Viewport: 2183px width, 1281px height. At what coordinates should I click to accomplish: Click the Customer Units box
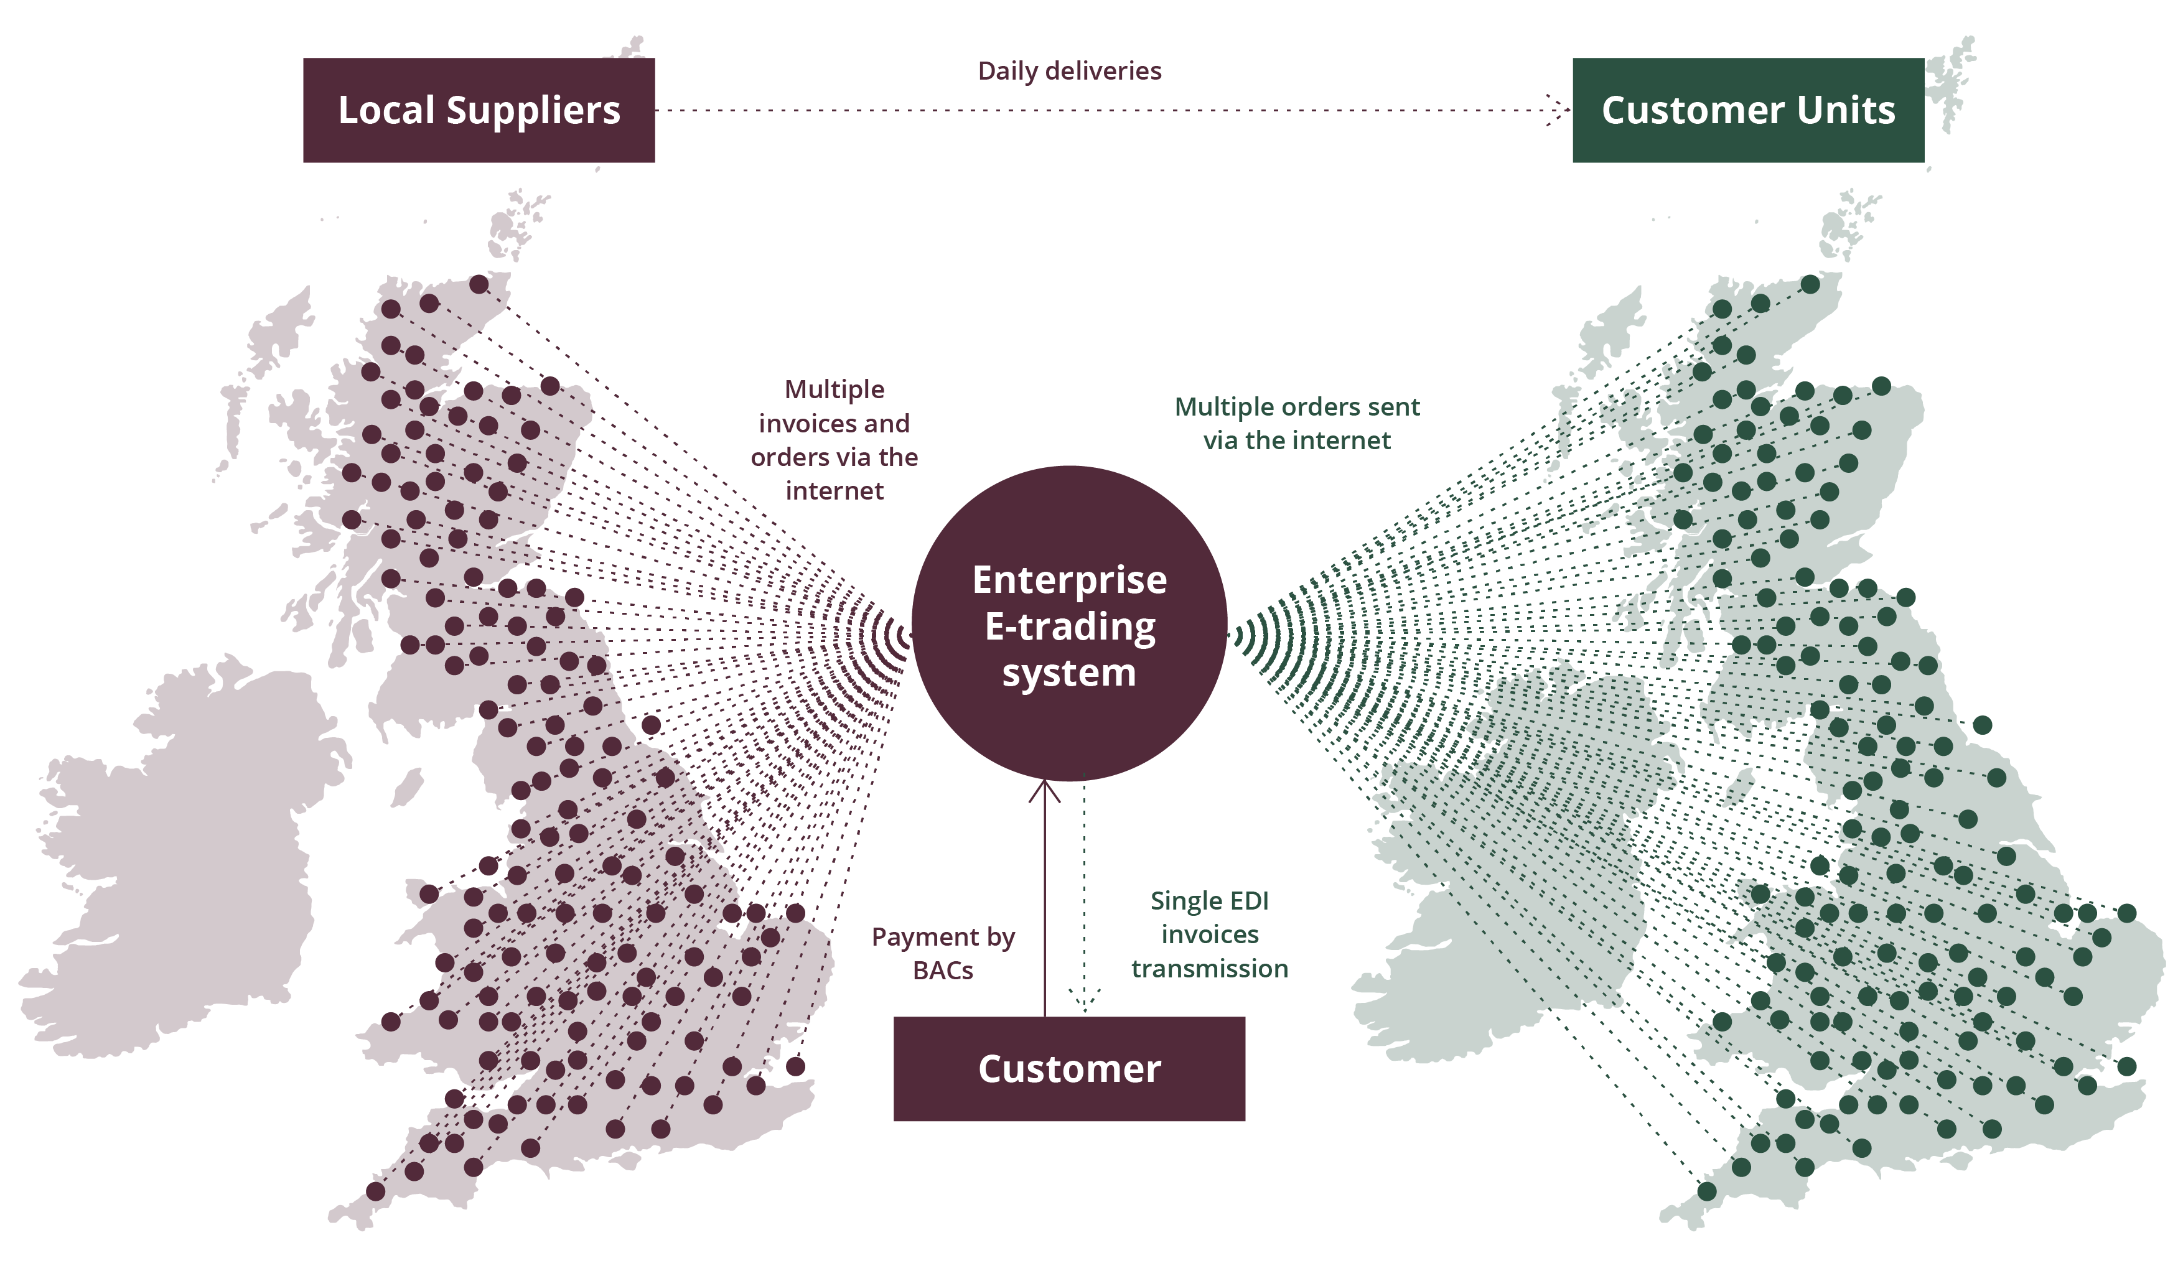(x=1747, y=110)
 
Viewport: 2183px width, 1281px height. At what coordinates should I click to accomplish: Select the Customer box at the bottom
(x=1069, y=1069)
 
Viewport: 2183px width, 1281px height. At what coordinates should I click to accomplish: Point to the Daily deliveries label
(x=1069, y=71)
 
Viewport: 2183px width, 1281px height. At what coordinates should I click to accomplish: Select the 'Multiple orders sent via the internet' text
(x=1296, y=424)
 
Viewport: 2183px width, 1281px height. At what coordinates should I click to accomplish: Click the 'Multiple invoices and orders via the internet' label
(x=834, y=440)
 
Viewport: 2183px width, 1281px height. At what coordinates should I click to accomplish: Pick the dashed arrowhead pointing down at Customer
(x=1085, y=1000)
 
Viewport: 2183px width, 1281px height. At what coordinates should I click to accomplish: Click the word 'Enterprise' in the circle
(x=1069, y=580)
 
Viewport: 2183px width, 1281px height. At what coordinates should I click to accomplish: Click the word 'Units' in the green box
(x=1846, y=110)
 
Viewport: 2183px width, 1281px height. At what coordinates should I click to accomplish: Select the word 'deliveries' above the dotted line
(x=1106, y=71)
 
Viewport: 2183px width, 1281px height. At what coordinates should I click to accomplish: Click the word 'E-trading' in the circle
(x=1069, y=627)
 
